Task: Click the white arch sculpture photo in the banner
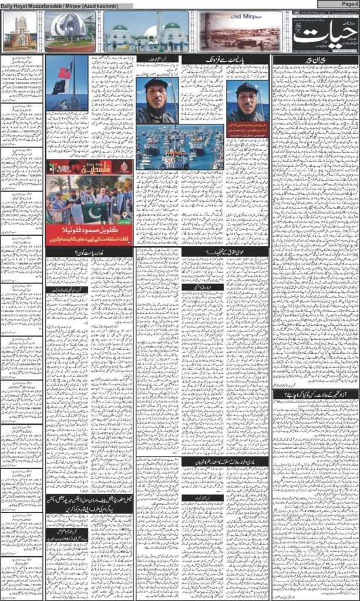[70, 33]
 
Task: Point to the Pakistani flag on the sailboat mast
[59, 87]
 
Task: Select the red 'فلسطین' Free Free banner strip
[89, 167]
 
